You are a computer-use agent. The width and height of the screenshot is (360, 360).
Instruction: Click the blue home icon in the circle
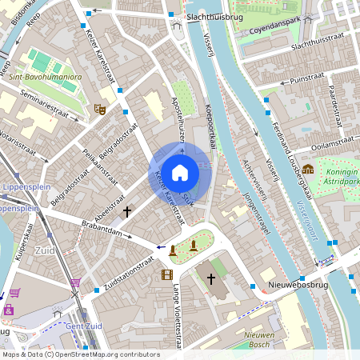(x=180, y=172)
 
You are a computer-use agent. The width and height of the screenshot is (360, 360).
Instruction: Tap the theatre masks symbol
(x=100, y=109)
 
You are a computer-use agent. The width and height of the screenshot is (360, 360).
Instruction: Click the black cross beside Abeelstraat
(x=127, y=211)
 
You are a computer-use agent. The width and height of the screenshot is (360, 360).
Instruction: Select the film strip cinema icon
(x=166, y=274)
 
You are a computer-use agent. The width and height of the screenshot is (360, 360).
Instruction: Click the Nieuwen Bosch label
(x=258, y=339)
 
